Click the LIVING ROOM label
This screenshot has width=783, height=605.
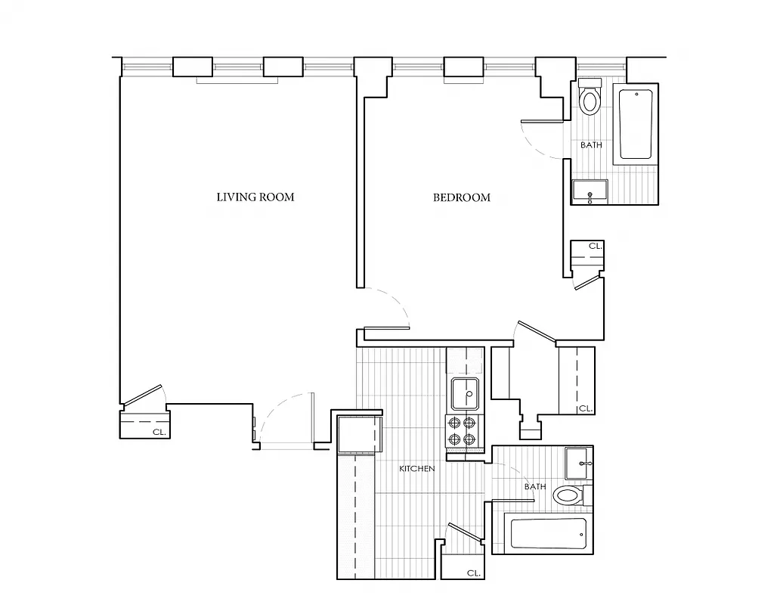click(x=255, y=197)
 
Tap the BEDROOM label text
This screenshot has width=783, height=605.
click(x=461, y=197)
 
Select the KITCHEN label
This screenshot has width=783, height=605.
click(x=416, y=469)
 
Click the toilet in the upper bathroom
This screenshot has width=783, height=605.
click(x=590, y=99)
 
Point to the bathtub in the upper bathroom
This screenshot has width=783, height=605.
click(x=636, y=124)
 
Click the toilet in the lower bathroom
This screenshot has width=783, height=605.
click(x=568, y=496)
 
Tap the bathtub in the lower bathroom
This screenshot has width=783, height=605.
click(x=548, y=535)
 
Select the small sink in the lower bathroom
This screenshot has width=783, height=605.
click(x=579, y=462)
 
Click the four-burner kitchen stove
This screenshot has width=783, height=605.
click(x=463, y=431)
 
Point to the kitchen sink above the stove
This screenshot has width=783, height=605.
click(x=464, y=393)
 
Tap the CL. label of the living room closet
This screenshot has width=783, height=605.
click(x=159, y=432)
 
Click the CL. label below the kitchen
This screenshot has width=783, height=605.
click(x=473, y=572)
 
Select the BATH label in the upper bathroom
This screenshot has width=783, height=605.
click(x=591, y=144)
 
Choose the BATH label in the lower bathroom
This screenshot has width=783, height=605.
click(x=535, y=486)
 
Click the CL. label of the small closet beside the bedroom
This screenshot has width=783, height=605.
click(x=596, y=246)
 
